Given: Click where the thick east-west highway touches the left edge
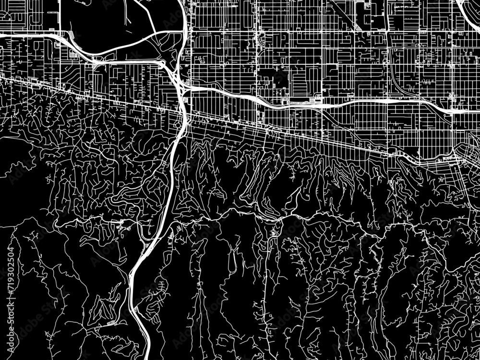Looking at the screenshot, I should (x=1, y=35).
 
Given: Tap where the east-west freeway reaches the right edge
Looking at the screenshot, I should (x=478, y=111).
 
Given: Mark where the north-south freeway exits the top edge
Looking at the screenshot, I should (x=182, y=1).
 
